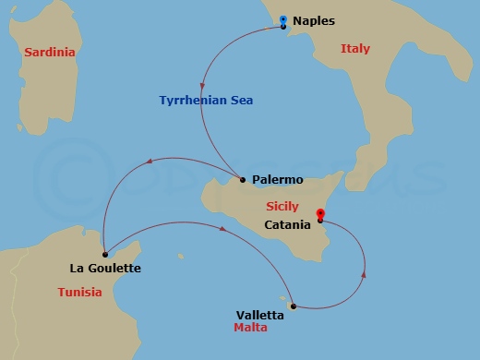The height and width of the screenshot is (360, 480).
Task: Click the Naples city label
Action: pyautogui.click(x=314, y=20)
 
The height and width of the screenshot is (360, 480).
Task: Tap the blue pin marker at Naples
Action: pyautogui.click(x=282, y=19)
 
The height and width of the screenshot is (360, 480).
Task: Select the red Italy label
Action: pyautogui.click(x=354, y=48)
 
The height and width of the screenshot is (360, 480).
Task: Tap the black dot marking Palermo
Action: pyautogui.click(x=242, y=179)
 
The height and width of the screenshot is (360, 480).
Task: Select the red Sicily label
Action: pyautogui.click(x=281, y=207)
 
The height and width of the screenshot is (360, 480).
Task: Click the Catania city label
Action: pyautogui.click(x=286, y=223)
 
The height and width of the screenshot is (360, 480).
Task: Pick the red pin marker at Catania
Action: pyautogui.click(x=319, y=214)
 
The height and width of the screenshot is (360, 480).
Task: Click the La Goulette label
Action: pyautogui.click(x=105, y=269)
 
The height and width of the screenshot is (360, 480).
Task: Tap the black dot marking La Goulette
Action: pyautogui.click(x=105, y=254)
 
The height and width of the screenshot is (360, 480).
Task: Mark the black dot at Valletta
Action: pyautogui.click(x=293, y=306)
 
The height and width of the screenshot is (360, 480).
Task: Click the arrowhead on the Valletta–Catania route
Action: pyautogui.click(x=365, y=272)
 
